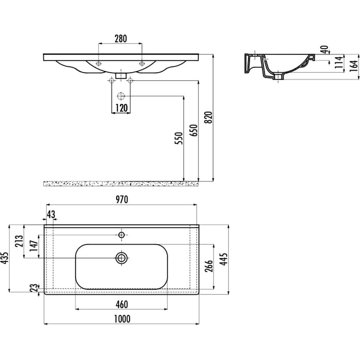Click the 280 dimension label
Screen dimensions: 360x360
pos(121,39)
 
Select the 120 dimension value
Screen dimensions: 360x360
pos(121,108)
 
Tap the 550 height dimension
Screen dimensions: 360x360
pos(179,138)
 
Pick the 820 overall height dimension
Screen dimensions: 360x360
pos(209,117)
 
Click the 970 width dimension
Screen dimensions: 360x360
pos(122,200)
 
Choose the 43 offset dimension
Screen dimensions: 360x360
pos(51,214)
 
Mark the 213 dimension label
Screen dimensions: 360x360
pos(19,241)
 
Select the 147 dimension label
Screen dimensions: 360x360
pos(34,246)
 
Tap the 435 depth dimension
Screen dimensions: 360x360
pos(5,258)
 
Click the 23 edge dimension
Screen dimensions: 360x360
pos(34,288)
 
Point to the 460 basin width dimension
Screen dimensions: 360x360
pos(122,304)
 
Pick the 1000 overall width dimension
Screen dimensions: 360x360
pos(122,319)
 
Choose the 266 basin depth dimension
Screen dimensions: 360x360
pos(209,266)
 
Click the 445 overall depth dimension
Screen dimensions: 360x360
pos(224,259)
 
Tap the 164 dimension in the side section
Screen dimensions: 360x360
pos(354,66)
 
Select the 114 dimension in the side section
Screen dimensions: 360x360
pos(339,62)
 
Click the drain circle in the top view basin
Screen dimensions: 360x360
pos(121,258)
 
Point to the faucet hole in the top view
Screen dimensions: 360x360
pos(121,235)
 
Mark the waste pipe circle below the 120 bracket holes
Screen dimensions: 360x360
pos(121,96)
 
